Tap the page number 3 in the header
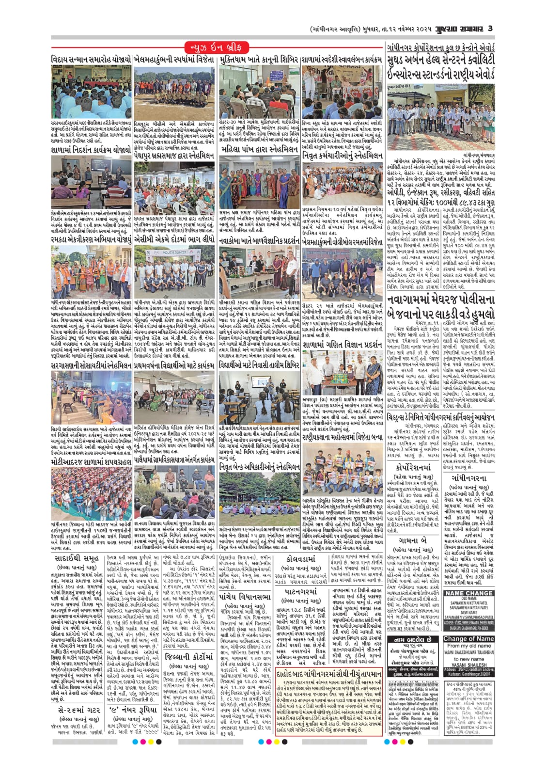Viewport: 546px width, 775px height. tap(490, 29)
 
